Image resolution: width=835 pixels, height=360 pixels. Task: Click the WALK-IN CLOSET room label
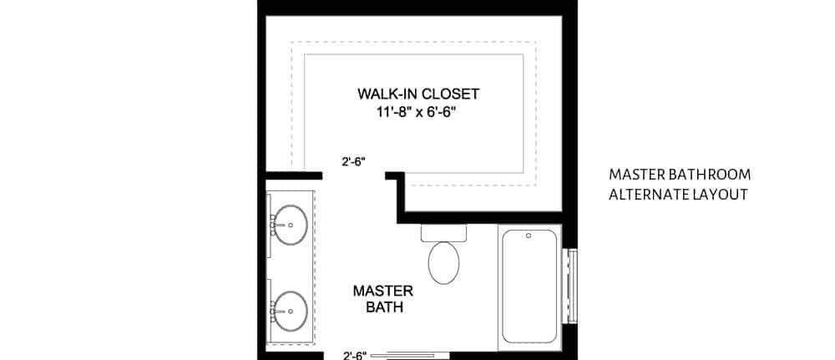tap(418, 94)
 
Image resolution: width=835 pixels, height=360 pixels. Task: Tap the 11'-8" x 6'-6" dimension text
tap(418, 113)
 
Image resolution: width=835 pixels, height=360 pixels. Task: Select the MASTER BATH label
tap(383, 299)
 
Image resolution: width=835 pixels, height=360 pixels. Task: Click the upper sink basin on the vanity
tap(291, 225)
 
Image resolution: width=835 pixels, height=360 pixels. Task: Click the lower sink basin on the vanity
tap(291, 311)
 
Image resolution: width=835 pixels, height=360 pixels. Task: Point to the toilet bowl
tap(443, 262)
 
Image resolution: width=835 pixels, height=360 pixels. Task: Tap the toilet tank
tap(443, 233)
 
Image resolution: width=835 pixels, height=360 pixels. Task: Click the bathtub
tap(530, 287)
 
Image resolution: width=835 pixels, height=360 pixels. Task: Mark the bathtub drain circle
tap(529, 236)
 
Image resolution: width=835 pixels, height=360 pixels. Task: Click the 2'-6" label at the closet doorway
tap(353, 161)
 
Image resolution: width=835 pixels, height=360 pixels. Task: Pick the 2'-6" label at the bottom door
tap(355, 355)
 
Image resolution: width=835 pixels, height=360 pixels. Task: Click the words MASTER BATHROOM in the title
tap(680, 175)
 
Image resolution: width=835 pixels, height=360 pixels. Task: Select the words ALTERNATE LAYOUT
tap(678, 195)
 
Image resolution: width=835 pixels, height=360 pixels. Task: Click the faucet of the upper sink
tap(275, 226)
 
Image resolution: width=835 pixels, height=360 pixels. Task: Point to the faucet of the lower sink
tap(275, 312)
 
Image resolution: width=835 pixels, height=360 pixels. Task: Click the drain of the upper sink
tap(291, 226)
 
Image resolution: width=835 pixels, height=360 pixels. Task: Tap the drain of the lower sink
tap(291, 312)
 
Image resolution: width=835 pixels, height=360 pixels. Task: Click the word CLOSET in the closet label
tap(451, 94)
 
